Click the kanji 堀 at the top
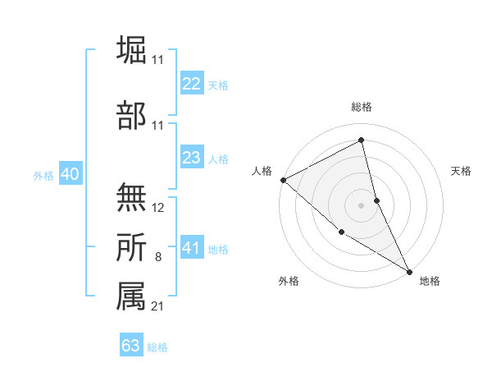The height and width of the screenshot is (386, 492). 131,50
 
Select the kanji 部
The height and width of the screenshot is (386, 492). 131,115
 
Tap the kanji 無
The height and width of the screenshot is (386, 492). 131,198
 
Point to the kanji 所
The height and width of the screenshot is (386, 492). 131,247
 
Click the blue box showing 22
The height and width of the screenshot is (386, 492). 192,83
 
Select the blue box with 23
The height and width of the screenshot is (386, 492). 192,158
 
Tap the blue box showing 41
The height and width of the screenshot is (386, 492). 192,248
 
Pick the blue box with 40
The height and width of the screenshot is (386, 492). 70,174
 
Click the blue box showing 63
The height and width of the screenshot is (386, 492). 131,346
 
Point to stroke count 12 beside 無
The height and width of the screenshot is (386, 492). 158,208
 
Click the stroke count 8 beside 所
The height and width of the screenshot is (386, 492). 158,257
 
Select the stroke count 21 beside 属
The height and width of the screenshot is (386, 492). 158,306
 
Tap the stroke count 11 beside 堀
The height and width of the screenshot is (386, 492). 158,60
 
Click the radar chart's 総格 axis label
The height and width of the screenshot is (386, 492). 362,107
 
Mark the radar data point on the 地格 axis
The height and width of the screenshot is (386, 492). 409,271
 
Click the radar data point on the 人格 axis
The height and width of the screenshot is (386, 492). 283,180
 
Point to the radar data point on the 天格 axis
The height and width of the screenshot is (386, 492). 376,200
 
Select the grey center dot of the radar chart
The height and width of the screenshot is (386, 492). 362,204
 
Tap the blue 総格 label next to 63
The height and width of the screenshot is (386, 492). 157,347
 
